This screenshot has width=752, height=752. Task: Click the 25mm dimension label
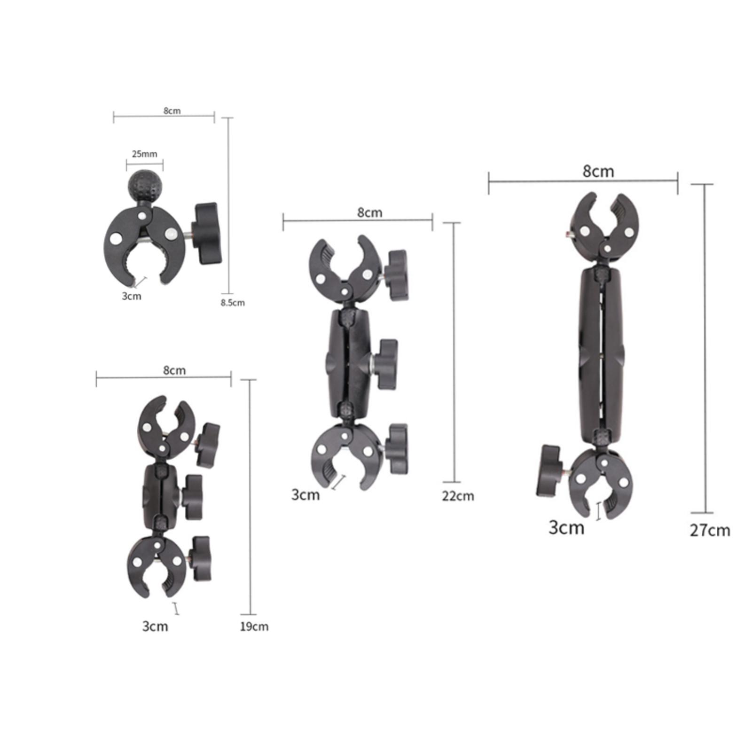pos(144,154)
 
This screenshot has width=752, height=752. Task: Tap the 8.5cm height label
pos(233,302)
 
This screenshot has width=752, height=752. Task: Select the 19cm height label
pos(254,627)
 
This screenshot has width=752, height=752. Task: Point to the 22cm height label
pos(458,496)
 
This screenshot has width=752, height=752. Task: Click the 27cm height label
pos(710,530)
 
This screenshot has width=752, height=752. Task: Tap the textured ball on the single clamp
pos(144,188)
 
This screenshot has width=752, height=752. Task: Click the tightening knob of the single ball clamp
pos(206,234)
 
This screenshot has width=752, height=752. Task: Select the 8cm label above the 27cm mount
pos(598,171)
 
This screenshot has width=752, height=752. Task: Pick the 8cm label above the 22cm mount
pos(370,212)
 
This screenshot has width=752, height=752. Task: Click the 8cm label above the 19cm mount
pos(174,370)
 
